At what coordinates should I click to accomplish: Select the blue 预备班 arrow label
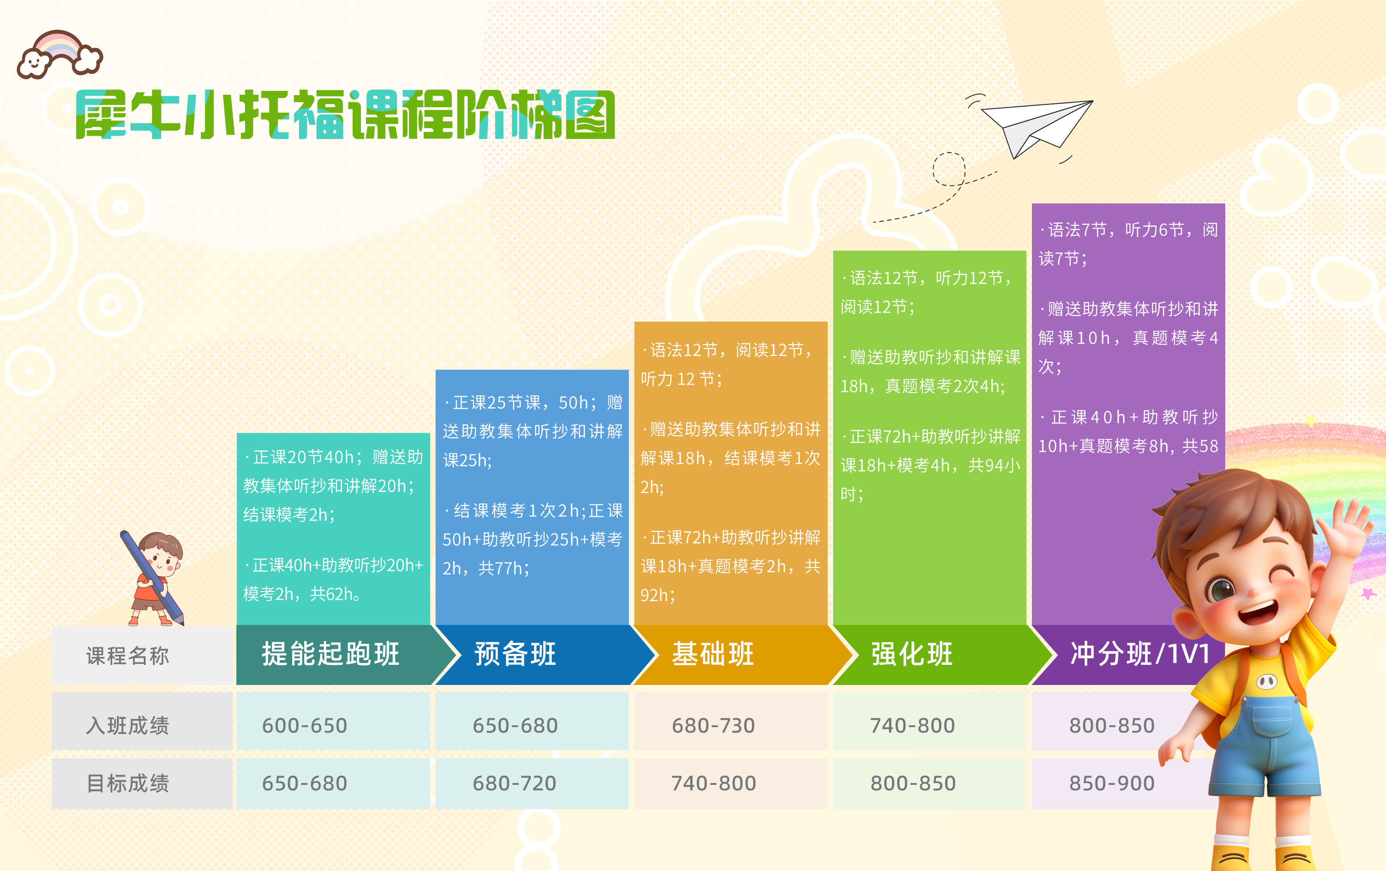[x=515, y=655]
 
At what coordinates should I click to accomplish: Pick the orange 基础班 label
[x=713, y=655]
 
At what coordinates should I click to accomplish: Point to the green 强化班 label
[x=912, y=655]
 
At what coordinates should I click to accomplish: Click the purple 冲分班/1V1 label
[x=1140, y=655]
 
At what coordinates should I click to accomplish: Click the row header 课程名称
[x=128, y=656]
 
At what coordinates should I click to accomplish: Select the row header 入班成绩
[x=128, y=725]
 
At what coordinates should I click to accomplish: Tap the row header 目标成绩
[x=128, y=783]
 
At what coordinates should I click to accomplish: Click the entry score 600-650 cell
[x=305, y=725]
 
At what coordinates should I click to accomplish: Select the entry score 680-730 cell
[x=713, y=725]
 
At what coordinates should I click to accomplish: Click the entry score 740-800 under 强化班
[x=912, y=725]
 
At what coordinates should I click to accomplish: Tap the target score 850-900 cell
[x=1112, y=783]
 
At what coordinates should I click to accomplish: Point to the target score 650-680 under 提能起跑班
[x=305, y=783]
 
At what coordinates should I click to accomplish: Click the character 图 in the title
[x=590, y=115]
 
